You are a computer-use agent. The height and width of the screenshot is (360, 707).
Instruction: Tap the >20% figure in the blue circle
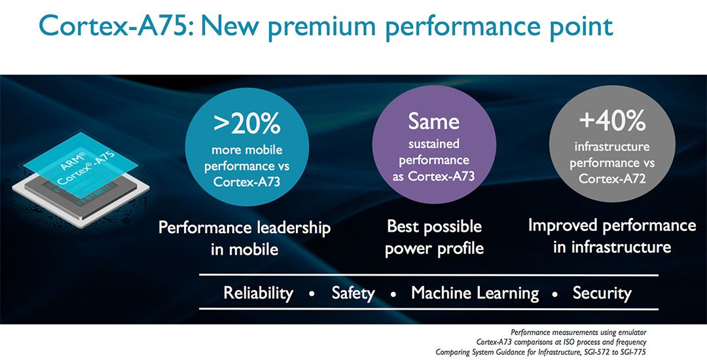coord(247,124)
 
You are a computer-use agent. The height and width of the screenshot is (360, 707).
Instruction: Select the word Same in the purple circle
coord(434,122)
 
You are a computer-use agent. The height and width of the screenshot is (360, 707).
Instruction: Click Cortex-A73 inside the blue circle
coord(247,182)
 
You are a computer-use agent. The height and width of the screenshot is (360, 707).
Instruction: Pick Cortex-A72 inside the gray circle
coord(612,179)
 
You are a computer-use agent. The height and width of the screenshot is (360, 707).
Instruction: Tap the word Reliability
coord(259,294)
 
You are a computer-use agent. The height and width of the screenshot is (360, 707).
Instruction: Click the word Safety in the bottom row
coord(353,294)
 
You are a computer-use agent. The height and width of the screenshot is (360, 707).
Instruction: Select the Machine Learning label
coord(475,293)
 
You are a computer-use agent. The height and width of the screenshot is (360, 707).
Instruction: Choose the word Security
coord(602,294)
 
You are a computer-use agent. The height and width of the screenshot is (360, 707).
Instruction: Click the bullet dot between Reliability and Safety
coord(312,294)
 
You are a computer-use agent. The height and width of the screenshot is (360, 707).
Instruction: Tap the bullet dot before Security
coord(556,294)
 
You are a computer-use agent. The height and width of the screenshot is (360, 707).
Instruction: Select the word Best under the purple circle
coord(403,226)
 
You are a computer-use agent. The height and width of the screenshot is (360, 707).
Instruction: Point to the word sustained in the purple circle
coord(434,144)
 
